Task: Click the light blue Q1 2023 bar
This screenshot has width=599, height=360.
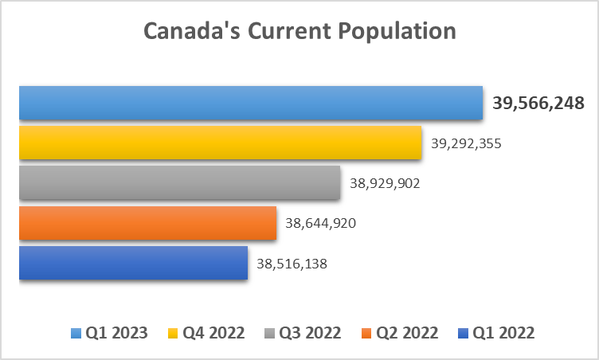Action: coord(251,103)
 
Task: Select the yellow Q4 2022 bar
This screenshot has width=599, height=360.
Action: coord(220,143)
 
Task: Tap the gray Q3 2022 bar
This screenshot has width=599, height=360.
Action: coord(179,182)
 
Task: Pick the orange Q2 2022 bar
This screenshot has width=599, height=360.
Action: coord(147,223)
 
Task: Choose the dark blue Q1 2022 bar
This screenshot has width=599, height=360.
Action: coord(133,263)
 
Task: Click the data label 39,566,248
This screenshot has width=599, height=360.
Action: coord(538,104)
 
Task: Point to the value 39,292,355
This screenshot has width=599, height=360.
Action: coord(466,143)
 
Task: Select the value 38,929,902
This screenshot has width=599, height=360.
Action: coord(385,183)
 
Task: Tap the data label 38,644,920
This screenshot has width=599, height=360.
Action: coord(320,223)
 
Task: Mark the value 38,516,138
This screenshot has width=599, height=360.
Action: coord(292,264)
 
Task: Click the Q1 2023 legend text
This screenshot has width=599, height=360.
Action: coord(116,333)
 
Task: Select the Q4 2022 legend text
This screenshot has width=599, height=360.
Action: coord(213,333)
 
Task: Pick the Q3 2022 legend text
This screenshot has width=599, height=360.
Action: coord(310,333)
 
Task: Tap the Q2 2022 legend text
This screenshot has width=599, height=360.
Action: coord(407,333)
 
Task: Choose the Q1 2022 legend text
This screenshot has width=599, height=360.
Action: coord(503,333)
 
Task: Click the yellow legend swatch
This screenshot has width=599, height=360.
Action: coord(173,333)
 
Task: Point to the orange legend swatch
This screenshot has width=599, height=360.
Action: coord(366,333)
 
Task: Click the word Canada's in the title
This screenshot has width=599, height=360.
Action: coord(192,30)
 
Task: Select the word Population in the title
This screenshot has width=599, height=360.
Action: coord(397,32)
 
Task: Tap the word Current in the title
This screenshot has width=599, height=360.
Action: coord(289,30)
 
